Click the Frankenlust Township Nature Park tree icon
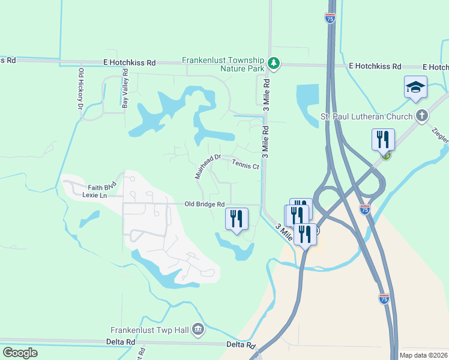(274, 62)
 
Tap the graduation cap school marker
(415, 88)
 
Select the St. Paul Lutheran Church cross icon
(422, 116)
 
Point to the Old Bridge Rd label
(204, 205)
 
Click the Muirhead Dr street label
(208, 167)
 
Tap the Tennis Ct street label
(245, 163)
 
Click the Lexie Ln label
(94, 195)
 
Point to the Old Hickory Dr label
(80, 89)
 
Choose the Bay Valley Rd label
(125, 89)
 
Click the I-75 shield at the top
(330, 18)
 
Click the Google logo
(20, 353)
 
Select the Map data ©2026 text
(423, 355)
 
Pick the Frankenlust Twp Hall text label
(150, 330)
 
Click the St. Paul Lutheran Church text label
(375, 116)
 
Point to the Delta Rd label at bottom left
(122, 342)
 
